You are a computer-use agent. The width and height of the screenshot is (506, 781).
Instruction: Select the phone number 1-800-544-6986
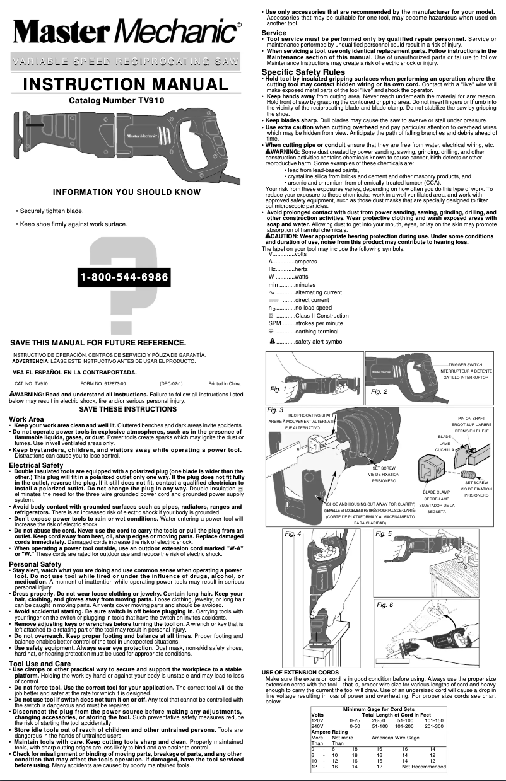124,277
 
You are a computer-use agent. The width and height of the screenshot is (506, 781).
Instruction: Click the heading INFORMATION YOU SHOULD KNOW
127,192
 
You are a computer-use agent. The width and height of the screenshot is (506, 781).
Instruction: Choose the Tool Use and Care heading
40,664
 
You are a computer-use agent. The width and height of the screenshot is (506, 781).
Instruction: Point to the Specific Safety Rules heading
303,72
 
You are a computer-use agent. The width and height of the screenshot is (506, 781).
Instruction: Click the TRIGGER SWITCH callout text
465,364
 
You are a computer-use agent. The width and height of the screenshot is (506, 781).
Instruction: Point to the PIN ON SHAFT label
471,418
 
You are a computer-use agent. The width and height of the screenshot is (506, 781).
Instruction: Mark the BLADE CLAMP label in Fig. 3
436,492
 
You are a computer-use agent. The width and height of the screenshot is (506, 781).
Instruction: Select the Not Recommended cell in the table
423,767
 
